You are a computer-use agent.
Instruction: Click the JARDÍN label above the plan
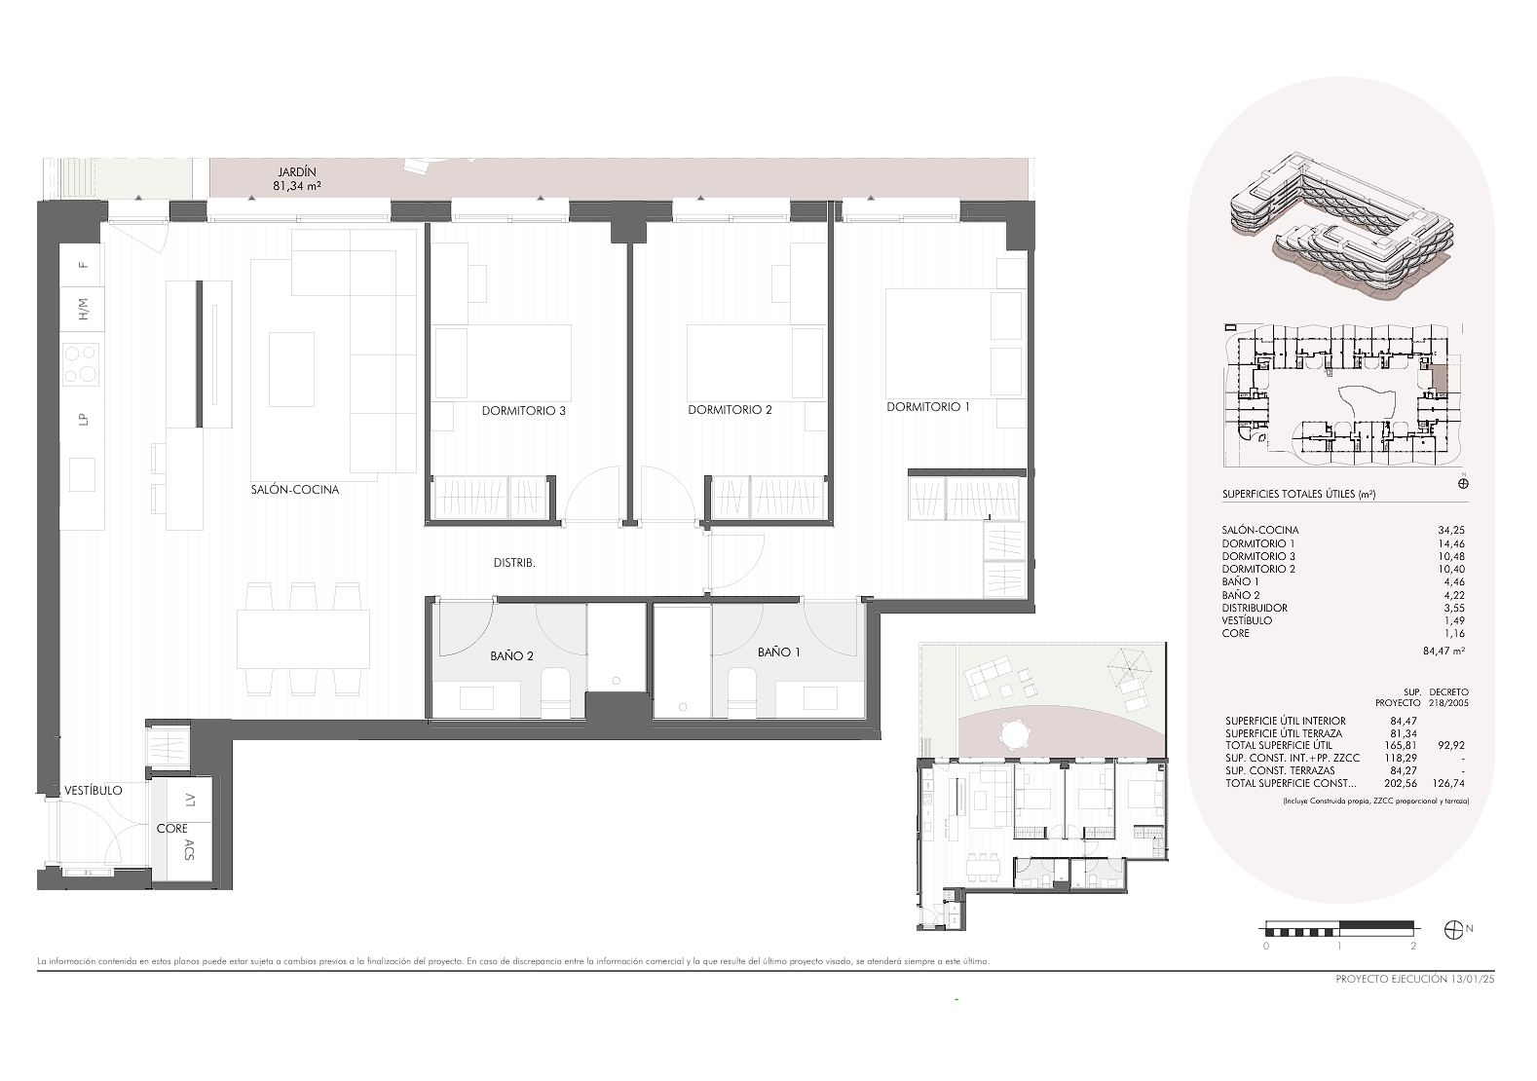tap(296, 172)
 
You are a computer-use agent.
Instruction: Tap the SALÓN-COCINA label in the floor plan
tap(295, 490)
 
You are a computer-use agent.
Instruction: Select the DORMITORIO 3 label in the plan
tap(524, 411)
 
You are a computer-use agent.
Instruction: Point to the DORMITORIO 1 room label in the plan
tap(927, 407)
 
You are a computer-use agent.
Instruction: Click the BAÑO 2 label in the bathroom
tap(512, 655)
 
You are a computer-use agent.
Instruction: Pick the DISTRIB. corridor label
tap(514, 563)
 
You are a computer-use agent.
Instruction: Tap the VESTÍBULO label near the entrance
tap(94, 790)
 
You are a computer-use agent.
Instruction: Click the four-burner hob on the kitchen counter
tap(81, 363)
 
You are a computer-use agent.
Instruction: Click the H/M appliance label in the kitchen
tap(84, 310)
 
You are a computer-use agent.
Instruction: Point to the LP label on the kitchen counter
tap(84, 419)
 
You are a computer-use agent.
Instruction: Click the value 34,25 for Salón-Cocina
tap(1451, 530)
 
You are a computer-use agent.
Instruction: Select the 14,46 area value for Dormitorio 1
tap(1451, 544)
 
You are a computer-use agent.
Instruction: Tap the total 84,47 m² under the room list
tap(1444, 651)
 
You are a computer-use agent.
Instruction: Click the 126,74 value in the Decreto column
tap(1450, 783)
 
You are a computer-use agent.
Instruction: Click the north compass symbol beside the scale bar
tap(1452, 930)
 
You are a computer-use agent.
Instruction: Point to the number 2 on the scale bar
tap(1412, 946)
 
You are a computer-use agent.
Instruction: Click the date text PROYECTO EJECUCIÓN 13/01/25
tap(1415, 980)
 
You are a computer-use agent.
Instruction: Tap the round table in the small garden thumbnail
tap(1015, 733)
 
